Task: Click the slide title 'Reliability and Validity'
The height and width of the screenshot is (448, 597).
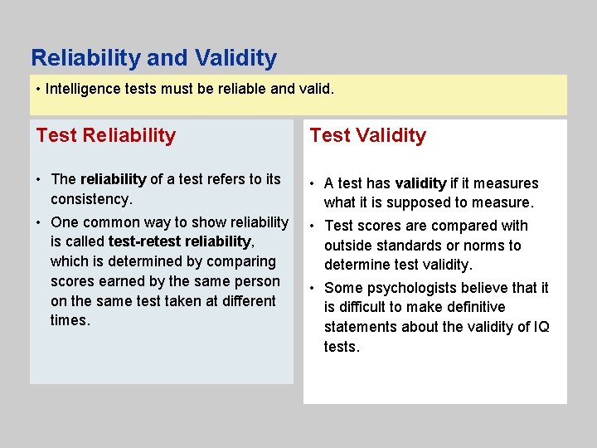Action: (x=153, y=58)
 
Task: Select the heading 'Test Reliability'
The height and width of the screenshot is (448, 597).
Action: (x=106, y=135)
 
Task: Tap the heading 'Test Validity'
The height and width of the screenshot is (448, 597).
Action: (x=367, y=135)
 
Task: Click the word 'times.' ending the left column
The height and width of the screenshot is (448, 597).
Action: (x=70, y=320)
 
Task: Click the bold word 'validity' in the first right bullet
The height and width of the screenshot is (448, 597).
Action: (x=420, y=183)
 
